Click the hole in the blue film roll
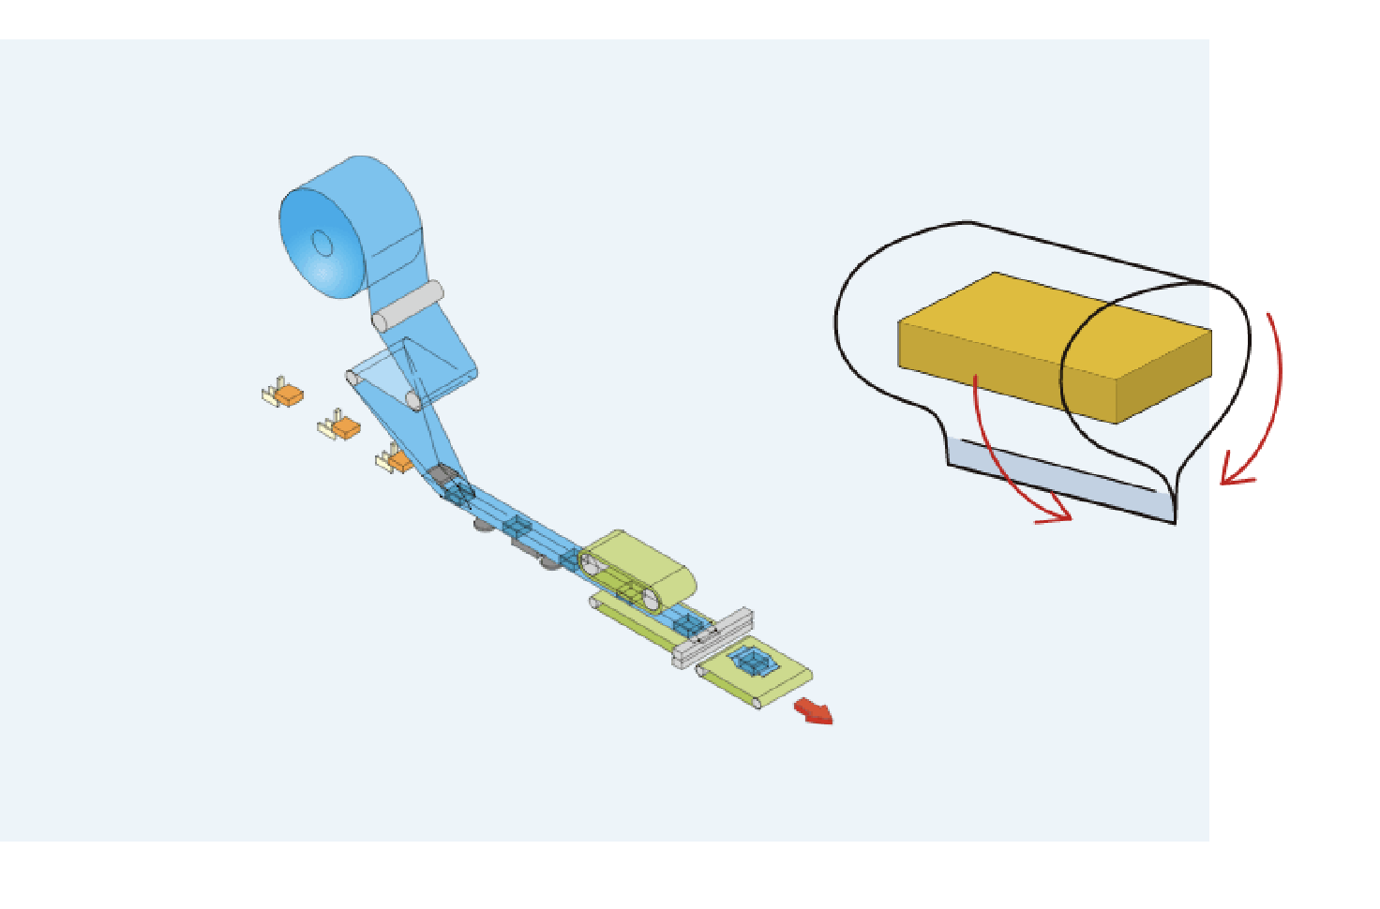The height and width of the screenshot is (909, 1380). [322, 244]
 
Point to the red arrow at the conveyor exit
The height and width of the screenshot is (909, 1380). [814, 712]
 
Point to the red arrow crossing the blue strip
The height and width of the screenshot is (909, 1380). [1012, 469]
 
